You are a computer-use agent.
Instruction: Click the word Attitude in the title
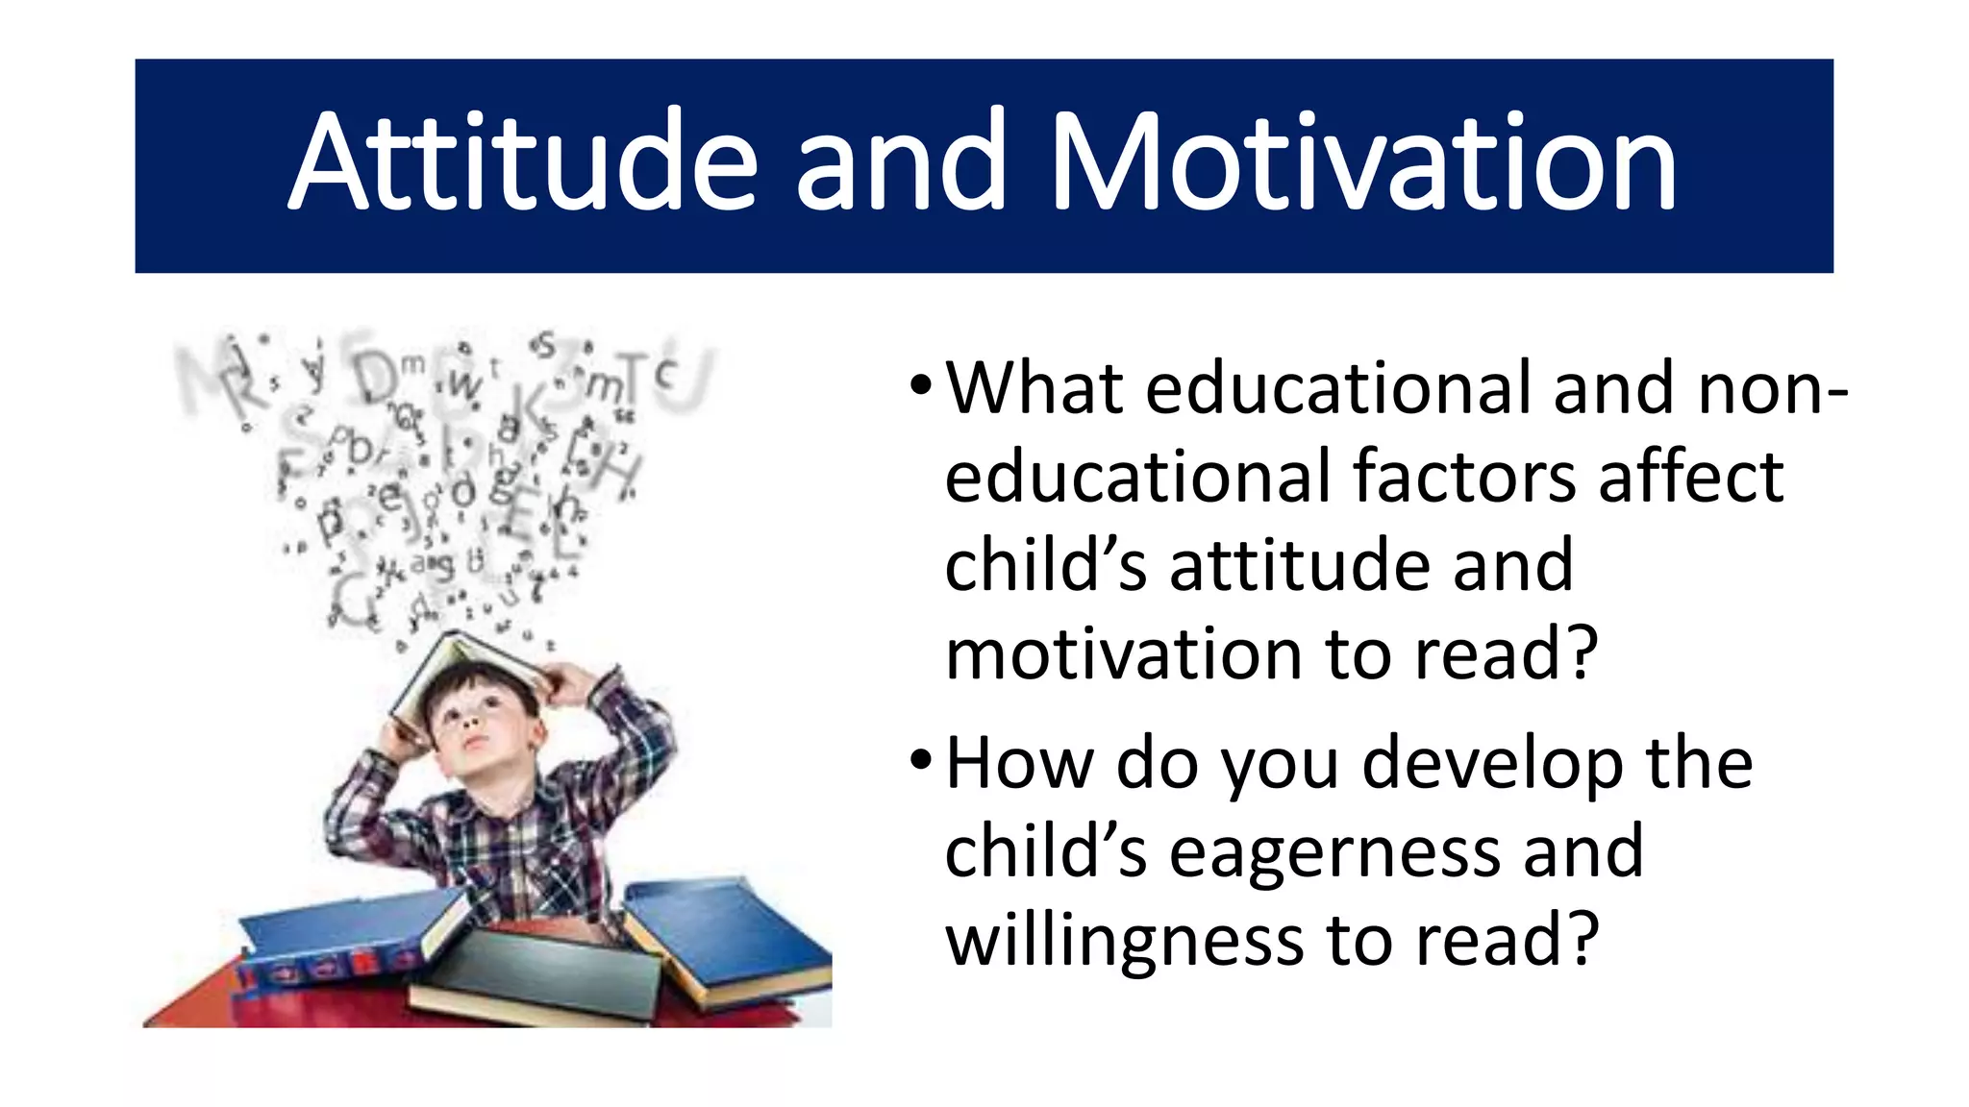pos(524,161)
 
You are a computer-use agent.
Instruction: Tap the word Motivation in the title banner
pos(1365,161)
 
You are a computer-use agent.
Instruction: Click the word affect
pos(1691,477)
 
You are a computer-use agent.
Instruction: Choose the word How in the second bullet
pos(1020,763)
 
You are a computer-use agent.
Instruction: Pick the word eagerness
pos(1335,852)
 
